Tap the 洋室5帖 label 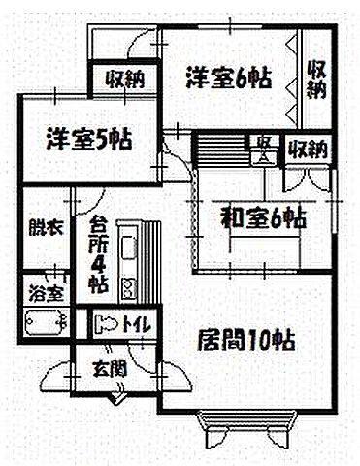pos(87,139)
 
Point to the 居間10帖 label pos(246,341)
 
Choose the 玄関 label pos(109,367)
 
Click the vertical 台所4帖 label pos(98,255)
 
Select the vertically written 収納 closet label pos(316,80)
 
